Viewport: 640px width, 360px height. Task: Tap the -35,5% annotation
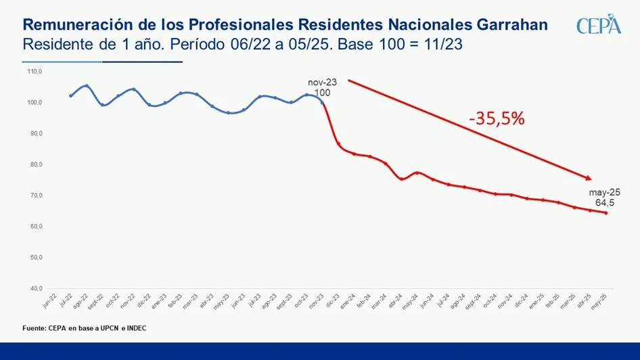tap(497, 119)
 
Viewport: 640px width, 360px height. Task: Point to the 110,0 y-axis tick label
tap(35, 71)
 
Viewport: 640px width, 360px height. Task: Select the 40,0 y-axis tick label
tap(35, 289)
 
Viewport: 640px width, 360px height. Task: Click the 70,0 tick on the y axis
tap(35, 196)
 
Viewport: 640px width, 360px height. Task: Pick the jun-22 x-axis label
tap(47, 302)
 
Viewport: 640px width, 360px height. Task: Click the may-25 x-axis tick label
tap(598, 302)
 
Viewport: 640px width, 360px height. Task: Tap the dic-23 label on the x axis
tap(331, 302)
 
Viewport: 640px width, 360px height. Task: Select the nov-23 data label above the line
tap(322, 82)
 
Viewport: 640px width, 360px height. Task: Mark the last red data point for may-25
tap(605, 213)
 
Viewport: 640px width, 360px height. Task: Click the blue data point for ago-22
tap(86, 86)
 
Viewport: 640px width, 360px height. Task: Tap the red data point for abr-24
tap(402, 179)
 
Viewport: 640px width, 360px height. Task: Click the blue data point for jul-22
tap(70, 95)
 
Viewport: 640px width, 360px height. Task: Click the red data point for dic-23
tap(338, 143)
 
